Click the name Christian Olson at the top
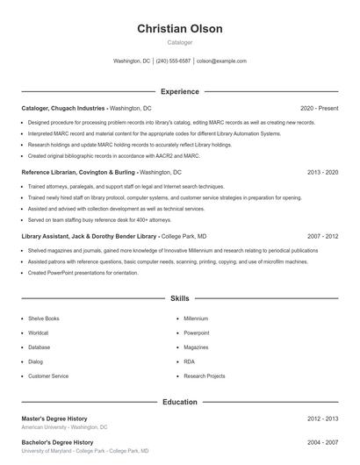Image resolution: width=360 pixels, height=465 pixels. pos(180,28)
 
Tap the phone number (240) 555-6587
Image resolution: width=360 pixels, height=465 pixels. pos(173,61)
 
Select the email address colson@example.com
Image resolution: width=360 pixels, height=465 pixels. pos(221,61)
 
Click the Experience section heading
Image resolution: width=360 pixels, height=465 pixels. pos(180,91)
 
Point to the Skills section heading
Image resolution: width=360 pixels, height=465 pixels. pos(180,299)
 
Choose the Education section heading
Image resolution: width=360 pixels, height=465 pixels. pos(180,402)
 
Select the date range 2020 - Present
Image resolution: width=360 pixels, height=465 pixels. pos(319,108)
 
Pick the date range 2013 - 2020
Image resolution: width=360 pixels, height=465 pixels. pos(322,173)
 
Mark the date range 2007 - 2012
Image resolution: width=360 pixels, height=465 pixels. pos(322,237)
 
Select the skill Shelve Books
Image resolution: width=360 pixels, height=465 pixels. pos(44,318)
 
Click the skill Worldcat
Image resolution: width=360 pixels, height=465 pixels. pos(39,333)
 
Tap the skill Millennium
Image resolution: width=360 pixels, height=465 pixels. pos(196,318)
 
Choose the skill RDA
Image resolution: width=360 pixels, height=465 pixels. pos(189,361)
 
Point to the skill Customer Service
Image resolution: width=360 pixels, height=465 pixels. pos(48,376)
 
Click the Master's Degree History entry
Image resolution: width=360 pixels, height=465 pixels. pos(54,418)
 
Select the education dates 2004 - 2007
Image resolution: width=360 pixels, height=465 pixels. pos(322,442)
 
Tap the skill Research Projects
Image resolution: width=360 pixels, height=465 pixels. pos(204,376)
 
